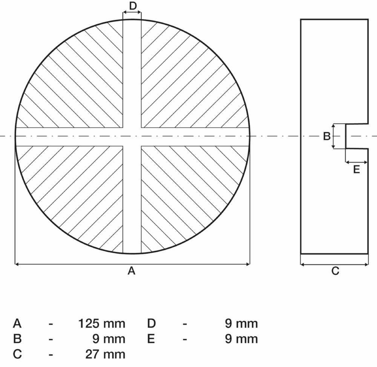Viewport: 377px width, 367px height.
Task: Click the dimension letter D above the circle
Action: pyautogui.click(x=132, y=6)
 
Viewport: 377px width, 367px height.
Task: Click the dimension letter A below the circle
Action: pyautogui.click(x=131, y=271)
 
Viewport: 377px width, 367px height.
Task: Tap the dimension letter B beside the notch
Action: pyautogui.click(x=327, y=136)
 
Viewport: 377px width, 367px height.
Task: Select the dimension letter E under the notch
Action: pyautogui.click(x=356, y=170)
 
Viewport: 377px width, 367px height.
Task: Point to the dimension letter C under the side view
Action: pyautogui.click(x=335, y=271)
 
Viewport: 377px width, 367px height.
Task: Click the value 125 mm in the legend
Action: pyautogui.click(x=101, y=323)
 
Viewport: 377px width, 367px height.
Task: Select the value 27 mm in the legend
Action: pyautogui.click(x=106, y=354)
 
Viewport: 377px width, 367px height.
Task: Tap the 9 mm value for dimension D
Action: pyautogui.click(x=241, y=323)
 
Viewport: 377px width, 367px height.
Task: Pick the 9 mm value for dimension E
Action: pyautogui.click(x=241, y=339)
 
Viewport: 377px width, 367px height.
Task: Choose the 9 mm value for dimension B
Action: pyautogui.click(x=109, y=339)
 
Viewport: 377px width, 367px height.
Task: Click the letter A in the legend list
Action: pyautogui.click(x=17, y=323)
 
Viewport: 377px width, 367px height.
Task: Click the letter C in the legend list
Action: pyautogui.click(x=17, y=354)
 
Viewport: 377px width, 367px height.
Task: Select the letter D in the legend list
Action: pyautogui.click(x=151, y=323)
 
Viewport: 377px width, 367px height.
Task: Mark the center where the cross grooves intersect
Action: pyautogui.click(x=132, y=136)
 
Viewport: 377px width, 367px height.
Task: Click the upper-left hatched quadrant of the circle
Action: pyautogui.click(x=83, y=83)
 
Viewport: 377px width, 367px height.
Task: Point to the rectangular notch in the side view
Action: pyautogui.click(x=356, y=136)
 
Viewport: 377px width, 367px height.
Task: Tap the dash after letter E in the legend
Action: pyautogui.click(x=185, y=339)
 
